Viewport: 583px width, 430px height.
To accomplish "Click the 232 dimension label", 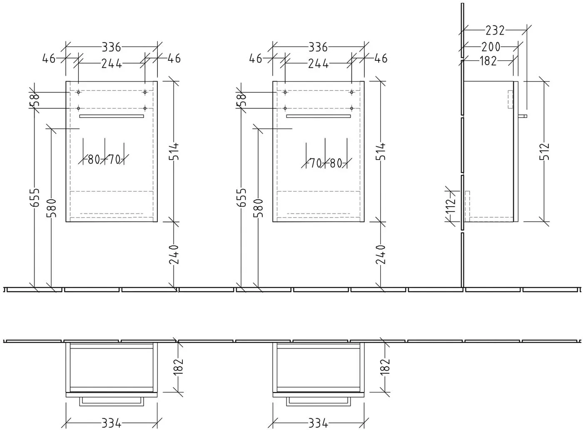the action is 495,30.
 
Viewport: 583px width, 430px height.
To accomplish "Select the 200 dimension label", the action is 491,47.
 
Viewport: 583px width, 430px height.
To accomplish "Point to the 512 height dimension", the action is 544,152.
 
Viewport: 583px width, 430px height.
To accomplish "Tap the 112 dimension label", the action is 451,206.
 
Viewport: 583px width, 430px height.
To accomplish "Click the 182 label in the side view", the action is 488,61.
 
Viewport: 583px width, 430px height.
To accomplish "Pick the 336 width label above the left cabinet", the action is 112,47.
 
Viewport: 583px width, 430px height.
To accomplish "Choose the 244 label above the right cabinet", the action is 318,64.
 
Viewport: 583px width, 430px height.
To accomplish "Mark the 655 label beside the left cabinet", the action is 35,197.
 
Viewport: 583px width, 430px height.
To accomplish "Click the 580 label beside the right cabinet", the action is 259,208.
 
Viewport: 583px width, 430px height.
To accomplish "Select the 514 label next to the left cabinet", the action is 174,151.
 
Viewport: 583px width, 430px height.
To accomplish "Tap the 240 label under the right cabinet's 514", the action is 381,255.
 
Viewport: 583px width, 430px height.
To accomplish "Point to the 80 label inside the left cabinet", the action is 94,160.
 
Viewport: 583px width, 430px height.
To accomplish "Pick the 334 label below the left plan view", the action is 111,423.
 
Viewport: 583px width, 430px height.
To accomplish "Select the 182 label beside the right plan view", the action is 385,367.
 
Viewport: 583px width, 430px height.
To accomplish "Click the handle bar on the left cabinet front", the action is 112,116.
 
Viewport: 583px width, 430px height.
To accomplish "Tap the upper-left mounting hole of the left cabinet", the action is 78,92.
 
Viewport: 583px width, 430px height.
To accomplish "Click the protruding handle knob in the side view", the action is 522,116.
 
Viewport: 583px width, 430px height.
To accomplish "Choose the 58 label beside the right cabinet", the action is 242,100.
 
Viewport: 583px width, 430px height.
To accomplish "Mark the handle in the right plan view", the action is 318,401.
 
